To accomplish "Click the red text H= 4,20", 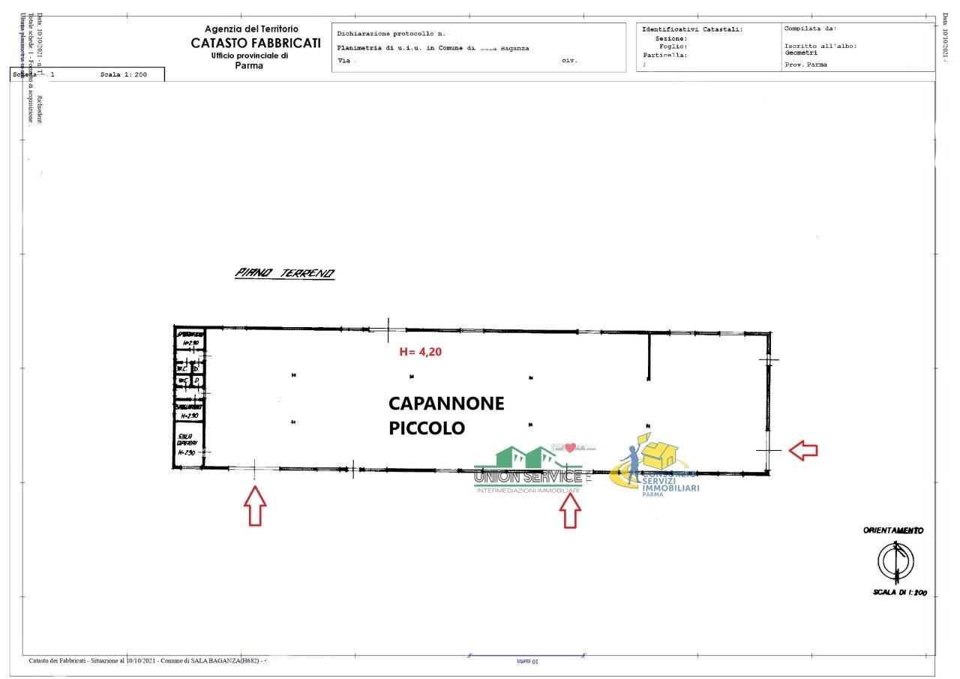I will coord(420,351).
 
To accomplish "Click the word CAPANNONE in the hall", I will coord(446,404).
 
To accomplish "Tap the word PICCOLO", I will coord(427,428).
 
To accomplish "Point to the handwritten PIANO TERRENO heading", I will coord(285,273).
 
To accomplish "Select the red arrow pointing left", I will coord(804,450).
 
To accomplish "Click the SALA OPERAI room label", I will coord(186,444).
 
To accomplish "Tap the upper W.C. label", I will coord(182,368).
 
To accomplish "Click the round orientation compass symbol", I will coord(895,561).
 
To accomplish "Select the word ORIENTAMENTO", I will coord(893,530).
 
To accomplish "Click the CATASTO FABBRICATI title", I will coord(256,44).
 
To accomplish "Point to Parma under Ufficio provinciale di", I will coord(249,65).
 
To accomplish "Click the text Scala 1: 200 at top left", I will coord(123,75).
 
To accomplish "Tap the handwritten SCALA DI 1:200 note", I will coord(899,593).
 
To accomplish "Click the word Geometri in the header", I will coord(801,53).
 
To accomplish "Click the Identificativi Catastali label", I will coord(691,29).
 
